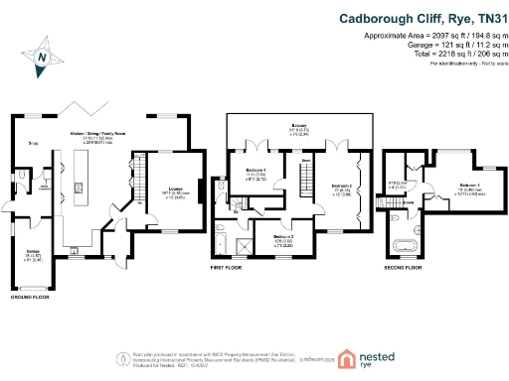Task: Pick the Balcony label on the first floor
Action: [298, 126]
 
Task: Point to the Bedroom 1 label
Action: [470, 187]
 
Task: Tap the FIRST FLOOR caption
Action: [228, 267]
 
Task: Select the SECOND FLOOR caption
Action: [404, 267]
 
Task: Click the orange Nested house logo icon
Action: [347, 359]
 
